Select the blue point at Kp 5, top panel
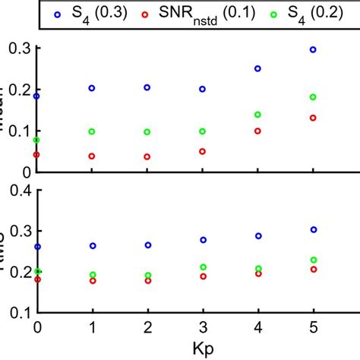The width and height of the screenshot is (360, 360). click(x=313, y=49)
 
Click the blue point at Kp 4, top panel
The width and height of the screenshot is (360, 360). click(x=257, y=68)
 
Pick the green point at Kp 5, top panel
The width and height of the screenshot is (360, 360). click(x=313, y=97)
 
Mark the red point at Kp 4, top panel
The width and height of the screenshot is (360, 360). click(x=257, y=131)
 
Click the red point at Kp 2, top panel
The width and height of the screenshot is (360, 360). click(x=147, y=156)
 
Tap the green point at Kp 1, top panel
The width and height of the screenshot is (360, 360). click(x=92, y=131)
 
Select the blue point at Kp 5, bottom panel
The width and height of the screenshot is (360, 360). click(x=313, y=229)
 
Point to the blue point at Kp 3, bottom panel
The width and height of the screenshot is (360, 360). click(x=203, y=240)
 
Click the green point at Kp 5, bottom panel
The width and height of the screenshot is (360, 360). click(x=313, y=260)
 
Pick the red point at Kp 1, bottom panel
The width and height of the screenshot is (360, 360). click(x=92, y=280)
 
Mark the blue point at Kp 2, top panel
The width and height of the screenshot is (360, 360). click(x=147, y=87)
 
